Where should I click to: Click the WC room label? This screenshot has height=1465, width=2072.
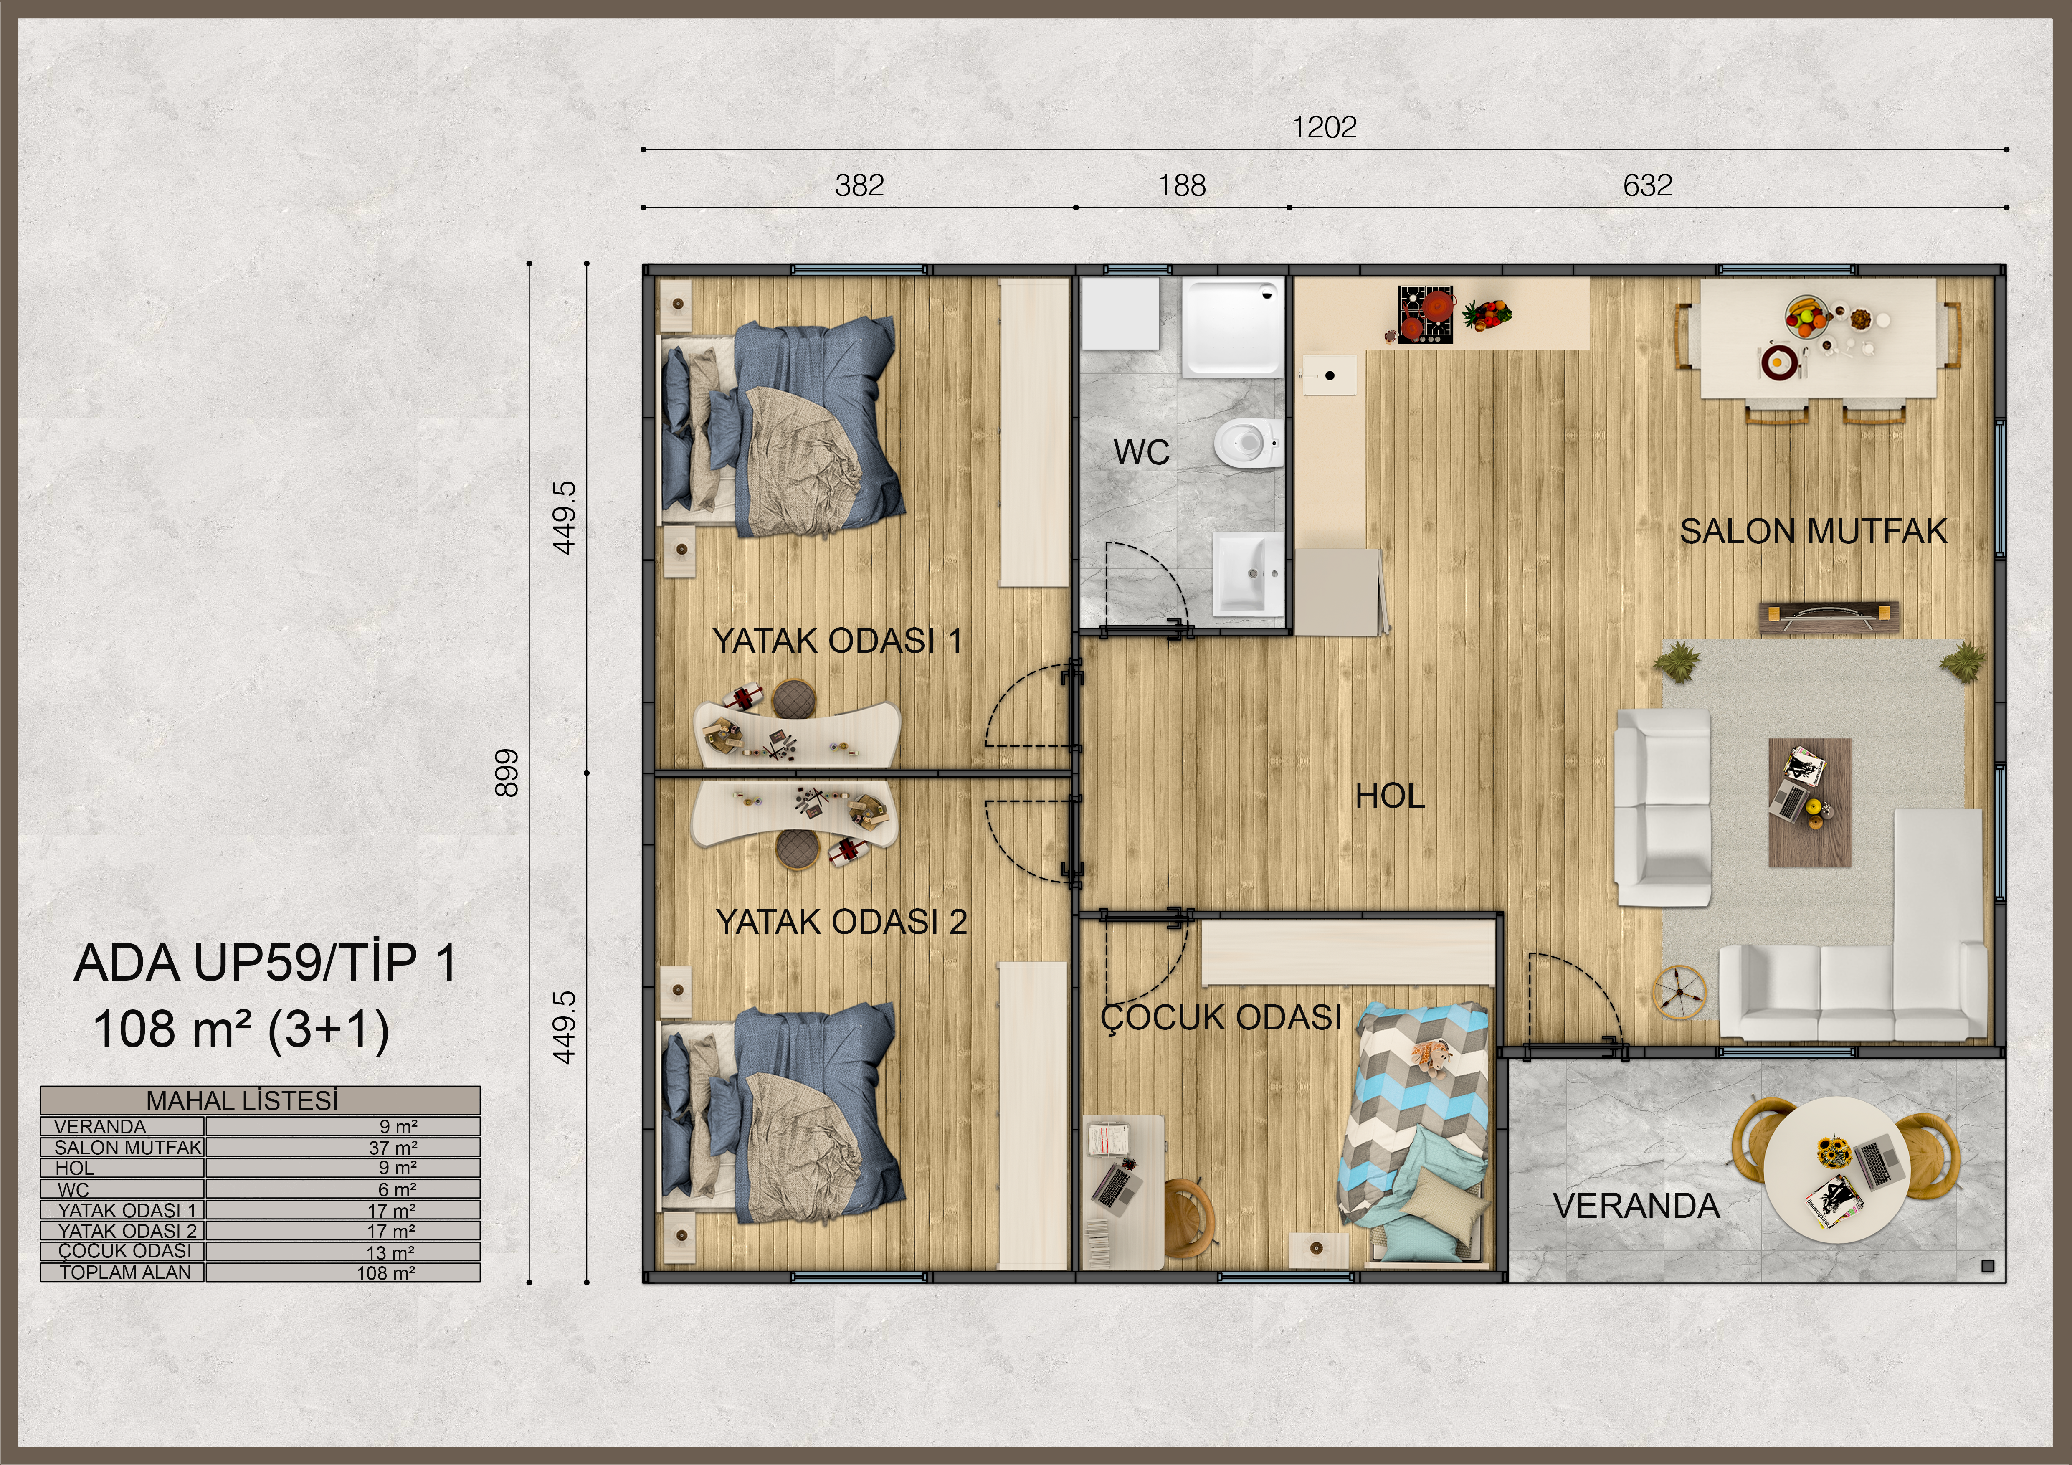pos(1142,452)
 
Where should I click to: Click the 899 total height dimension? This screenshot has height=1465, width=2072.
pos(507,773)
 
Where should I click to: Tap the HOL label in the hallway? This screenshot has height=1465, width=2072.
pos(1390,796)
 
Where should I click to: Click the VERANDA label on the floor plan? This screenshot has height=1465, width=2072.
pos(1636,1206)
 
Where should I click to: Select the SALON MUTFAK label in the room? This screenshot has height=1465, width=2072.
pos(1813,532)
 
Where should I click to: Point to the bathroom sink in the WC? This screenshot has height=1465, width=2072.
pos(1248,571)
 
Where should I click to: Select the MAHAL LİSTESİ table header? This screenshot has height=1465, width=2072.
pos(242,1100)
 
